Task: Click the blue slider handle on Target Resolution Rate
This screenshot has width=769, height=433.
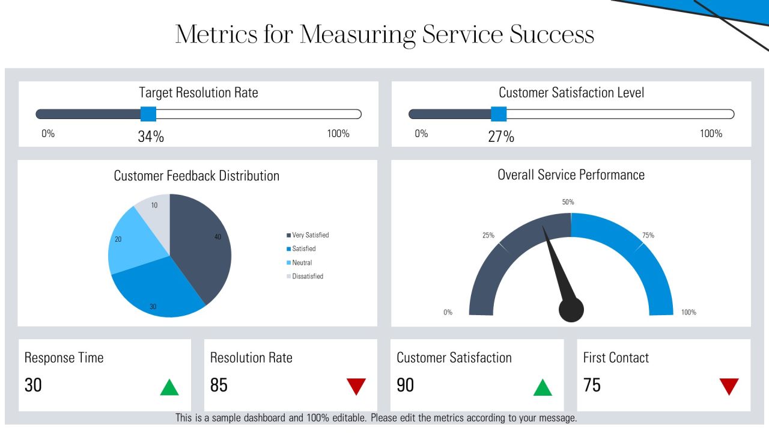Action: pyautogui.click(x=148, y=114)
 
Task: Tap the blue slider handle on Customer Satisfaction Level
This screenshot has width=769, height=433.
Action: pyautogui.click(x=499, y=114)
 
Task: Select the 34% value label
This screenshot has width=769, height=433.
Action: pyautogui.click(x=151, y=137)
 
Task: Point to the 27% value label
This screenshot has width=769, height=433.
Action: pyautogui.click(x=501, y=137)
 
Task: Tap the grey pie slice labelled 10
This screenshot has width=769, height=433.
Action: pyautogui.click(x=156, y=213)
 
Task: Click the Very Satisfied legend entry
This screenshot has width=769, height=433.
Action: pyautogui.click(x=308, y=235)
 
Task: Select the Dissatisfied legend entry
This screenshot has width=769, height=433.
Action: pyautogui.click(x=305, y=276)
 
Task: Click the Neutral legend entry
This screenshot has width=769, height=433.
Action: pyautogui.click(x=299, y=263)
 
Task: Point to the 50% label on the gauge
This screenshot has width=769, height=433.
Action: pyautogui.click(x=568, y=201)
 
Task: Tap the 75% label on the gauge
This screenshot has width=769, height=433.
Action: pyautogui.click(x=648, y=235)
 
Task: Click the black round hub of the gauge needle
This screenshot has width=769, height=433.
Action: pyautogui.click(x=571, y=309)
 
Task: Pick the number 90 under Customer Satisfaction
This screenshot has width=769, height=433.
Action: pyautogui.click(x=405, y=385)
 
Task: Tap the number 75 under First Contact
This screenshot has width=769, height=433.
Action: pyautogui.click(x=592, y=385)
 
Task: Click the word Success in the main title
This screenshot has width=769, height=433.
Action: pyautogui.click(x=552, y=34)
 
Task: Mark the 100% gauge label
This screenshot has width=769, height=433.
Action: pyautogui.click(x=688, y=312)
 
